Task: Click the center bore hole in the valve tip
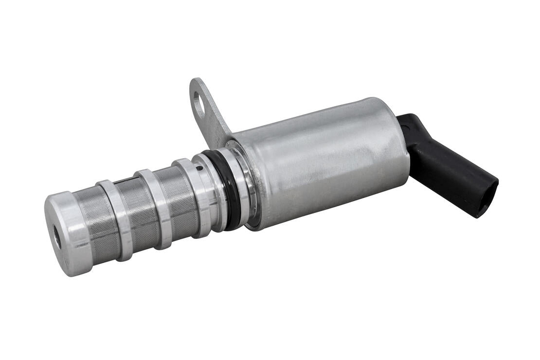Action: click(x=57, y=239)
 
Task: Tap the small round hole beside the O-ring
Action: click(x=199, y=169)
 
